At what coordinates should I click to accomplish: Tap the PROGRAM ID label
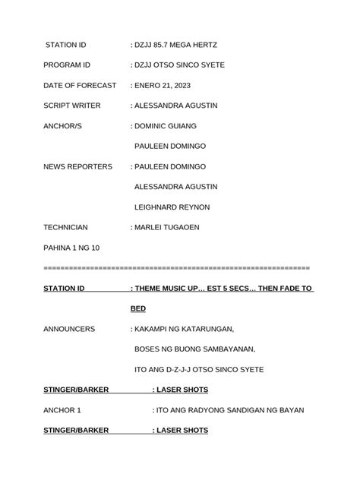click(x=67, y=65)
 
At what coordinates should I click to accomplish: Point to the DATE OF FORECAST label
click(x=80, y=86)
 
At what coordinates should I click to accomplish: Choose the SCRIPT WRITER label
click(x=75, y=106)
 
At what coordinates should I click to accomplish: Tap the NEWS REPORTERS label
click(x=77, y=166)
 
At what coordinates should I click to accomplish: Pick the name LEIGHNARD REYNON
click(x=182, y=207)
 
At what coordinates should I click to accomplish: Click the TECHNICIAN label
click(x=66, y=227)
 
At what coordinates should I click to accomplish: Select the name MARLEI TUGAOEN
click(x=172, y=227)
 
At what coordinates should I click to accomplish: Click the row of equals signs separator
click(x=177, y=268)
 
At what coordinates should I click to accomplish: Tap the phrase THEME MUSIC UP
click(x=169, y=289)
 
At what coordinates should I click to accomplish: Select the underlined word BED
click(x=137, y=309)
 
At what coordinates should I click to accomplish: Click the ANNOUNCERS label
click(x=69, y=329)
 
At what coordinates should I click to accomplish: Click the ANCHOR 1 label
click(x=62, y=410)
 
